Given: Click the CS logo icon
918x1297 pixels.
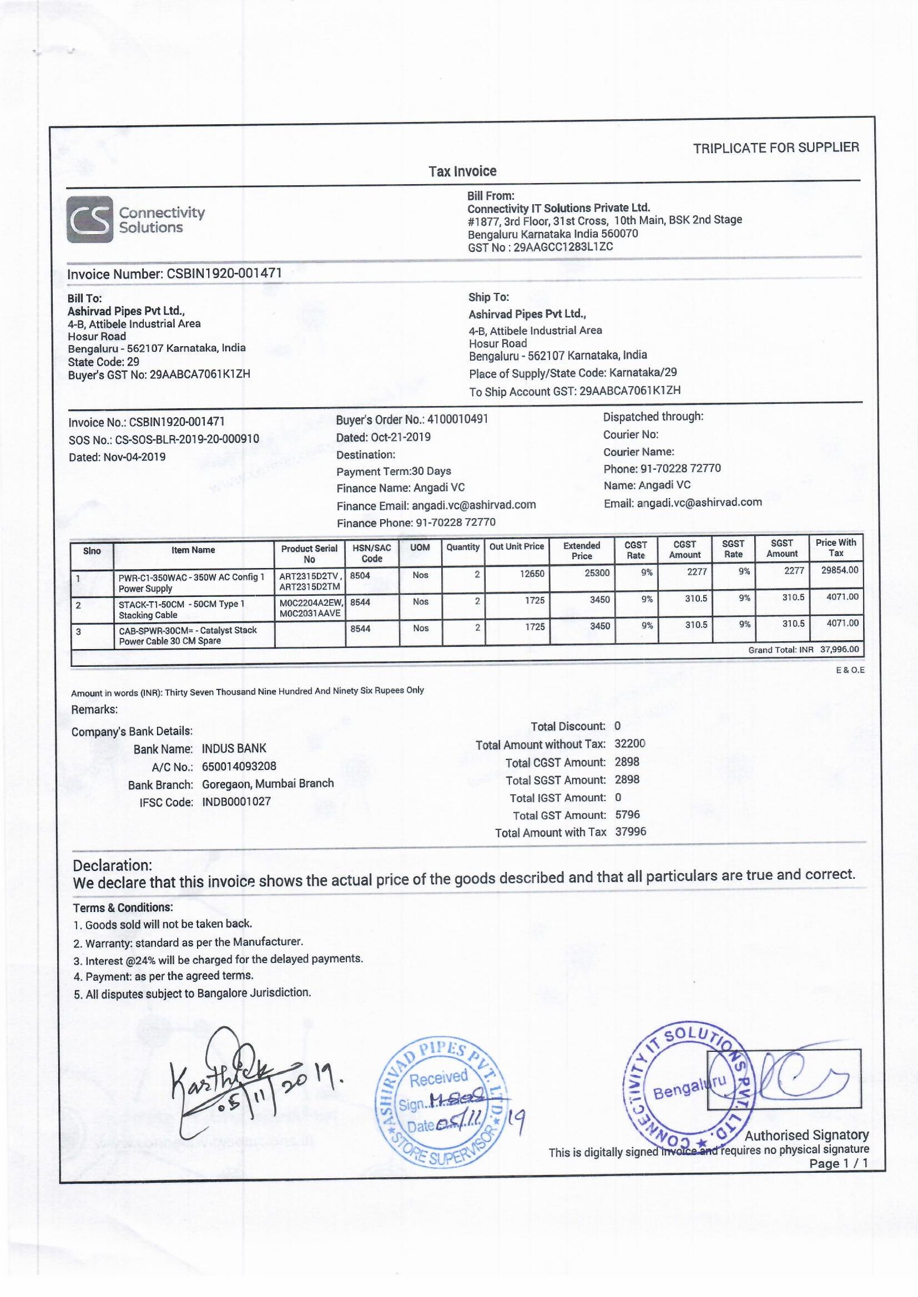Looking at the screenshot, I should [x=89, y=219].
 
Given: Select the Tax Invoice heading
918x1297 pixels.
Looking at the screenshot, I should [x=462, y=171].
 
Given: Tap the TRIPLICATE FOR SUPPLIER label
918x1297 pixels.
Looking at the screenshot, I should [x=775, y=148].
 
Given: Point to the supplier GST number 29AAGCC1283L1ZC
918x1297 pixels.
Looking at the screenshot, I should [x=563, y=247].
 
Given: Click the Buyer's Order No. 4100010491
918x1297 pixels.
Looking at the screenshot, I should [x=457, y=419].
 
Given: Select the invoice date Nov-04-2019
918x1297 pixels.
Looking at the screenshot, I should [x=134, y=457].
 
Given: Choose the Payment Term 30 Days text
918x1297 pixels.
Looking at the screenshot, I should [x=394, y=471].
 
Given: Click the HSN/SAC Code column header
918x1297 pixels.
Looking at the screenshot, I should [x=371, y=553].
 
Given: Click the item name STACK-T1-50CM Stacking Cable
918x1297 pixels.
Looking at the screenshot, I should [x=181, y=609].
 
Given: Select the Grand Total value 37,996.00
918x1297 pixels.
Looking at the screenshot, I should [x=839, y=650].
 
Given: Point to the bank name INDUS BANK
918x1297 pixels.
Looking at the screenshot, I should [x=234, y=748].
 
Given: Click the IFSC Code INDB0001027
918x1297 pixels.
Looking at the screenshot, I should [x=236, y=802].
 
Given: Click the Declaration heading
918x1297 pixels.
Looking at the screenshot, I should [x=113, y=865].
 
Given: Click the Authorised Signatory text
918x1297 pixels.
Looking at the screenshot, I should [x=806, y=1135].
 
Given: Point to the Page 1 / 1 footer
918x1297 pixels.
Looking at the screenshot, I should [x=838, y=1163].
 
